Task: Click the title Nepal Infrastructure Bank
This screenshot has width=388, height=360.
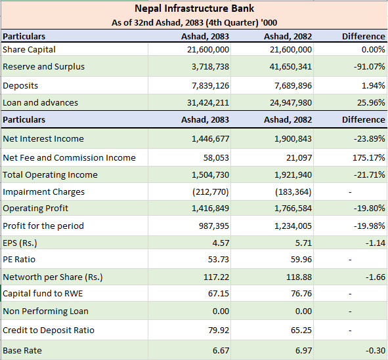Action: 194,9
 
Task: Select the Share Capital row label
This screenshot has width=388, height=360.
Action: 29,50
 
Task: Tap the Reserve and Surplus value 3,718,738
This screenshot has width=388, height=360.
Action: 210,67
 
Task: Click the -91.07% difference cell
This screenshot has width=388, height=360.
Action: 369,67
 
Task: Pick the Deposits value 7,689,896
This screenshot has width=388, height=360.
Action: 293,86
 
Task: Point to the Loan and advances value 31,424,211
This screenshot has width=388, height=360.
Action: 208,103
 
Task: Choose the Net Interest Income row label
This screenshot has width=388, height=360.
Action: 43,139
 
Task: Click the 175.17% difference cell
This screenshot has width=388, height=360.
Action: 369,158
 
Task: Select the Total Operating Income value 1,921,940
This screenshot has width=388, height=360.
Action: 293,175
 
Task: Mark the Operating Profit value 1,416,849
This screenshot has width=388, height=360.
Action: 210,209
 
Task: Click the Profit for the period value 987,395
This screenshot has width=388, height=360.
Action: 214,226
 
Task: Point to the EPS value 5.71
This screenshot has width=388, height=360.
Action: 303,243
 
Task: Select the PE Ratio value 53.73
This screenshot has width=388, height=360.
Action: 219,260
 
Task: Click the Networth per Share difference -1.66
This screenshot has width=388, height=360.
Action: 376,277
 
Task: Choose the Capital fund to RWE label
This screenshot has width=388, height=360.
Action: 43,294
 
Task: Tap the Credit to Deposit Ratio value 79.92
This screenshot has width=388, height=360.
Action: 219,330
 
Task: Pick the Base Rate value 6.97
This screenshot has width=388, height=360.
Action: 303,351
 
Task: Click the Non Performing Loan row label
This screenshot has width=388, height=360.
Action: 45,311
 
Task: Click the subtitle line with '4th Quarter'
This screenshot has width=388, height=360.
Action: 194,23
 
